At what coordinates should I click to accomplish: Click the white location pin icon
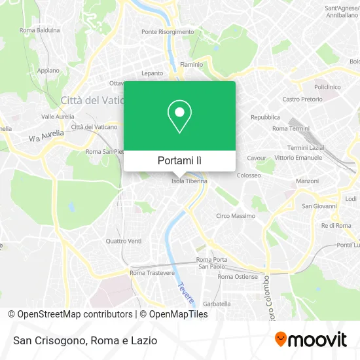click(179, 117)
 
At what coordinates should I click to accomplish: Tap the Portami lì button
click(179, 160)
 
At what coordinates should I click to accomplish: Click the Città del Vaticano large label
click(88, 100)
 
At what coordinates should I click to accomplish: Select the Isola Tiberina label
click(189, 181)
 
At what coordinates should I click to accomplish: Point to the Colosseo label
click(249, 175)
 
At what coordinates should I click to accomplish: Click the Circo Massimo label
click(236, 215)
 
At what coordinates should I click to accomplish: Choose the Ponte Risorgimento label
click(168, 31)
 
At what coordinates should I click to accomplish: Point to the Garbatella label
click(217, 304)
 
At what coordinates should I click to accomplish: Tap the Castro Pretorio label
click(302, 99)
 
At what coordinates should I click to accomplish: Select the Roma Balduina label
click(40, 30)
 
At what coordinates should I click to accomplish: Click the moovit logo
click(310, 340)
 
